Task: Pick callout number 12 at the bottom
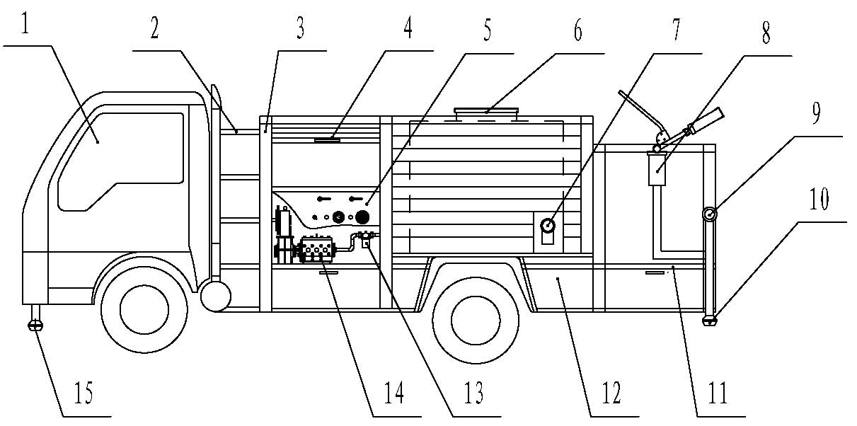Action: coord(610,393)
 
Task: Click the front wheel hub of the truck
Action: coord(134,309)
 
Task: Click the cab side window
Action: coord(120,159)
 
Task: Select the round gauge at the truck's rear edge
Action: coord(710,213)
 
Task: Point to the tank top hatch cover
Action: coord(487,111)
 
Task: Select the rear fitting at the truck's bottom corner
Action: coord(710,320)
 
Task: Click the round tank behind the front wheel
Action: coord(215,296)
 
